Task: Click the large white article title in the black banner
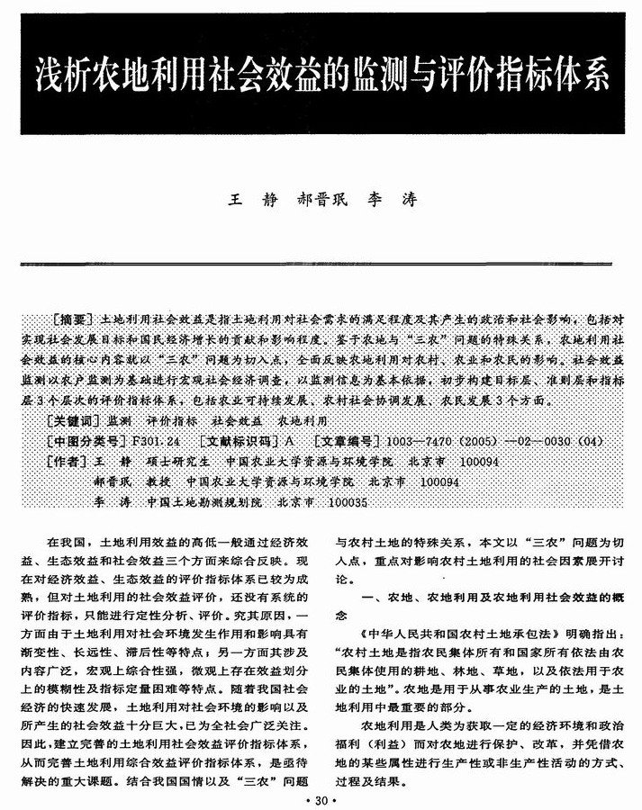click(321, 75)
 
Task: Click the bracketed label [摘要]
click(73, 319)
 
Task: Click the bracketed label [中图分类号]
click(85, 441)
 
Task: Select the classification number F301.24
click(156, 441)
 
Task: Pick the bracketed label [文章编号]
click(346, 441)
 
